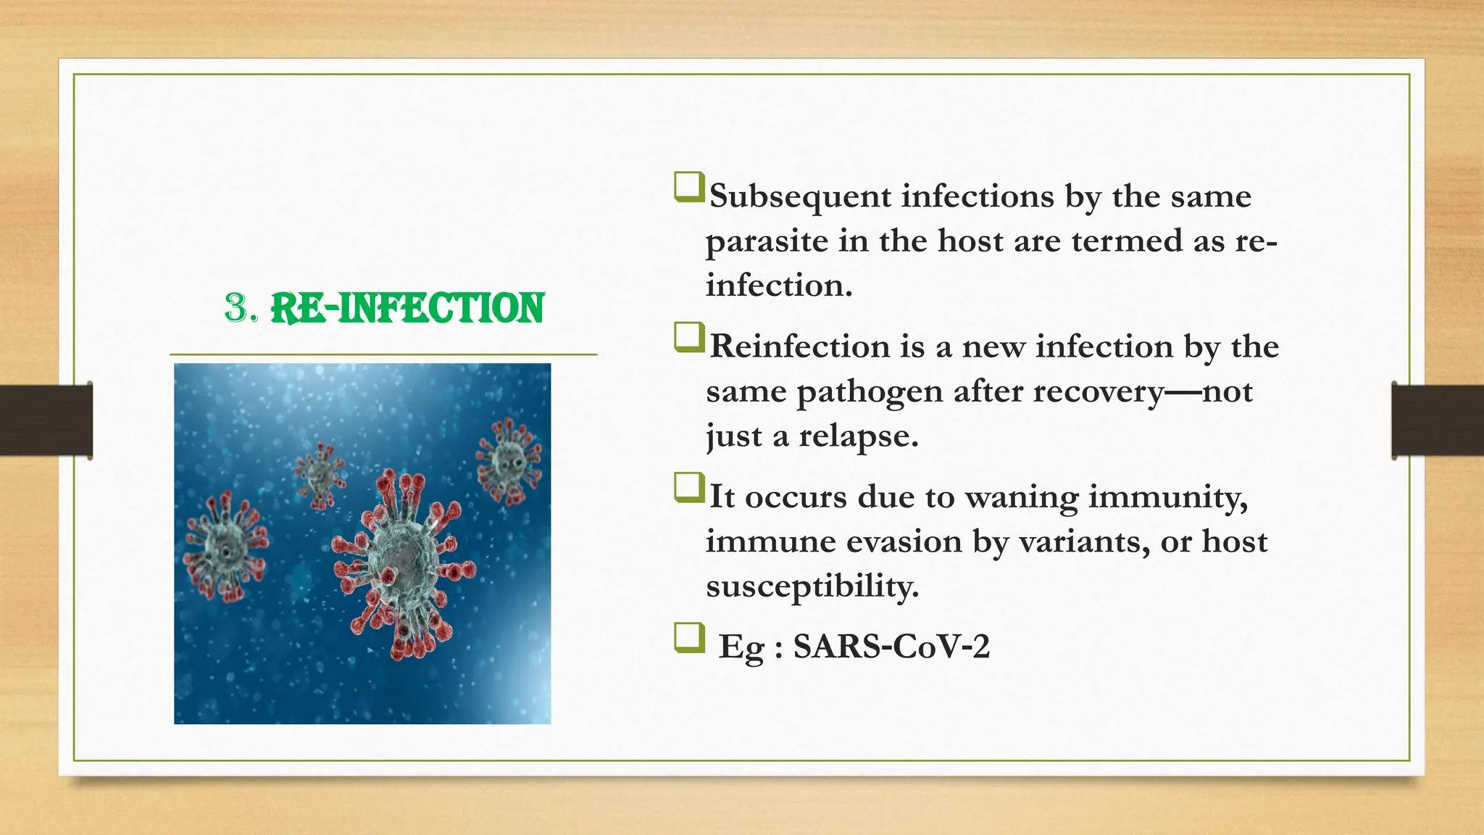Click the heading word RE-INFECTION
[x=407, y=308]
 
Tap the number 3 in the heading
[x=236, y=308]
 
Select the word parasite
[x=767, y=241]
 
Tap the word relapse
[x=858, y=436]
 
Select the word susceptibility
[x=812, y=586]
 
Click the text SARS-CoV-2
[x=891, y=646]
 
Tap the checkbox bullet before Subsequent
[x=688, y=187]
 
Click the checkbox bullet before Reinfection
[x=688, y=337]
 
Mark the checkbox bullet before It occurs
[x=688, y=487]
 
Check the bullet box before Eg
[x=688, y=638]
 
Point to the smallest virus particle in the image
[x=320, y=474]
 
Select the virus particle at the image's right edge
[x=508, y=460]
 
